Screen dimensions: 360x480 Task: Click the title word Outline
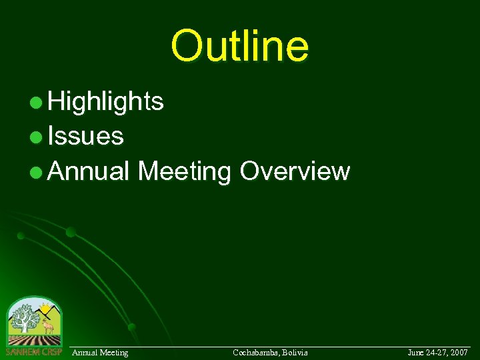(240, 45)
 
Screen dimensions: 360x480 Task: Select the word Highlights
(106, 101)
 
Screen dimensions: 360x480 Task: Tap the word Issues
(86, 136)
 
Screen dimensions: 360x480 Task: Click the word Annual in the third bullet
(89, 171)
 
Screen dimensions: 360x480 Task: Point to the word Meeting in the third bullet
(184, 171)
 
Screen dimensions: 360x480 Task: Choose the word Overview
(294, 171)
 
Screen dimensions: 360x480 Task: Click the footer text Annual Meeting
(100, 352)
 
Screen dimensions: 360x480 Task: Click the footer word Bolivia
(295, 352)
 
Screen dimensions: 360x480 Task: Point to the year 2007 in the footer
(458, 352)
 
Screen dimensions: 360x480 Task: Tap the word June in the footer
(415, 352)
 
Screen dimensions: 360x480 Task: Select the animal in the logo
(47, 327)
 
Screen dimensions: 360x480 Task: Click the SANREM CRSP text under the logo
(33, 351)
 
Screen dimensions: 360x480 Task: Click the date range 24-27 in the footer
(436, 352)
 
